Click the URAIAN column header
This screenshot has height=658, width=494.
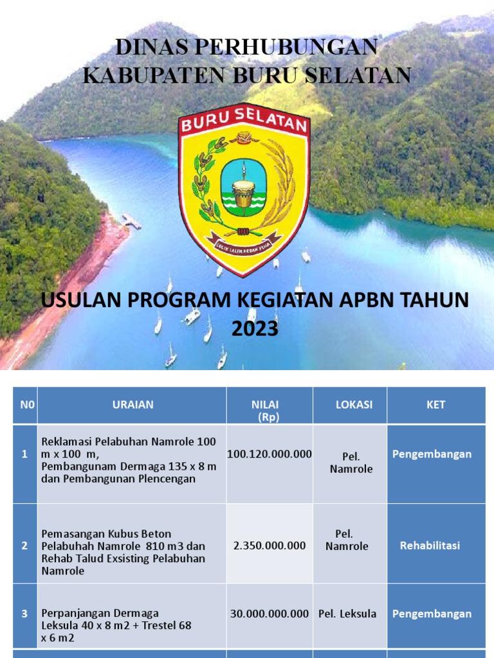pos(133,405)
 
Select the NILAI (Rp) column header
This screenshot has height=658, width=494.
pos(269,409)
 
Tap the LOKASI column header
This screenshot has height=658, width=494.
pos(353,405)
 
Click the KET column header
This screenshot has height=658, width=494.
pos(435,405)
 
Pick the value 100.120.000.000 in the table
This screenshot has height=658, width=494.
pos(269,454)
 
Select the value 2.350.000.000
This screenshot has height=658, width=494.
pos(270,546)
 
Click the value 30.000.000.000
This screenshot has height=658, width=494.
pos(270,614)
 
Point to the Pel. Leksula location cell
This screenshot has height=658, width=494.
pos(347,614)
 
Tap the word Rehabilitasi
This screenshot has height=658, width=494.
pos(430,546)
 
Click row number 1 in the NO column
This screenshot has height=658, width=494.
pos(24,454)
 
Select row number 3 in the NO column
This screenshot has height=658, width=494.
pos(24,614)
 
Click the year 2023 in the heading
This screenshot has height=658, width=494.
pos(255,328)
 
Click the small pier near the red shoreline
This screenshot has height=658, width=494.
pos(131,222)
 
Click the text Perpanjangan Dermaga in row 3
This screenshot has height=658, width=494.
pos(100,613)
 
